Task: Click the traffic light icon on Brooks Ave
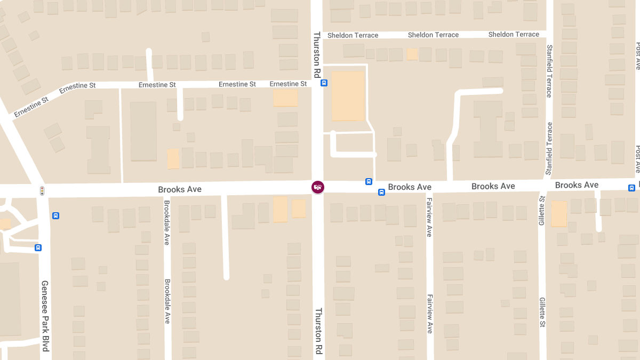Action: pyautogui.click(x=42, y=190)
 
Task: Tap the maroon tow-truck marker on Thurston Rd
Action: pyautogui.click(x=318, y=187)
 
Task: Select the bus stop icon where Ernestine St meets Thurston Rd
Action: pyautogui.click(x=324, y=83)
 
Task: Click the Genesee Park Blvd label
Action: pyautogui.click(x=45, y=316)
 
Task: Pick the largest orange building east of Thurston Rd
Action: pyautogui.click(x=348, y=96)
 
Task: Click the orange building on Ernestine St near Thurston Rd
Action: pyautogui.click(x=285, y=98)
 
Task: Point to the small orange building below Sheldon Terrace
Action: pyautogui.click(x=412, y=54)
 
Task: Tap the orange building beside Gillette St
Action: pyautogui.click(x=559, y=214)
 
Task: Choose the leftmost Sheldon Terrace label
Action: pyautogui.click(x=353, y=35)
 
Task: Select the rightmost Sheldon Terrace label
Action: pyautogui.click(x=514, y=34)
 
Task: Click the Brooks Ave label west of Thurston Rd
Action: pyautogui.click(x=180, y=189)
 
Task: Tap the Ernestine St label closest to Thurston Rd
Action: pyautogui.click(x=288, y=84)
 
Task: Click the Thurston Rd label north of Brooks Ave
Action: pyautogui.click(x=317, y=55)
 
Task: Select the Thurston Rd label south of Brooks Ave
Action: pyautogui.click(x=318, y=331)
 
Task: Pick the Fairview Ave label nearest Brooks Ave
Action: pyautogui.click(x=429, y=217)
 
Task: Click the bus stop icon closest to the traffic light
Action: pyautogui.click(x=55, y=215)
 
